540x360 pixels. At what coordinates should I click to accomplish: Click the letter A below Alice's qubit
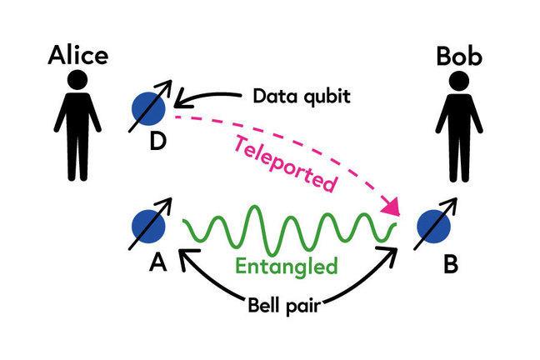click(155, 263)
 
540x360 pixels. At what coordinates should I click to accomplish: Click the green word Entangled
click(287, 267)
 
